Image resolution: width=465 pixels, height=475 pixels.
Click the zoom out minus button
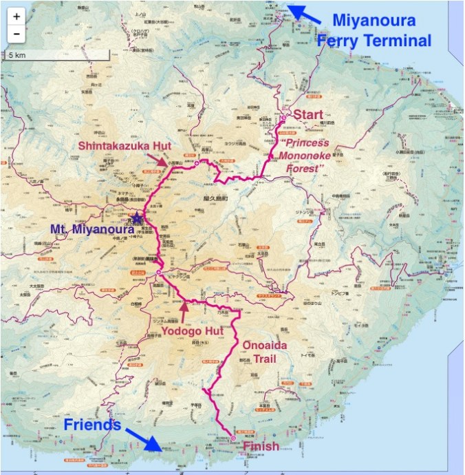[16, 32]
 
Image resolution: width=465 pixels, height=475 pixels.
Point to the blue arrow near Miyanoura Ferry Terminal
[303, 14]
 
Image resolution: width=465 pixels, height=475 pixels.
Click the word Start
[307, 114]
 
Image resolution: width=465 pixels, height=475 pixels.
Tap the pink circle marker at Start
[283, 118]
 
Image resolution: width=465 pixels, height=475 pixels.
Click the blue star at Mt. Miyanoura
[138, 218]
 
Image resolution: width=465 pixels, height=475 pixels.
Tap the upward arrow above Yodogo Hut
[184, 309]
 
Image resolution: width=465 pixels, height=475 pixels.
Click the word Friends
[92, 424]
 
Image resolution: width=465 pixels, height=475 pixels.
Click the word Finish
[261, 446]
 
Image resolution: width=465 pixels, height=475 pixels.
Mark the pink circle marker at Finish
[232, 438]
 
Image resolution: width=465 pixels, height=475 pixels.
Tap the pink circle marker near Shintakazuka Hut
[196, 164]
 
